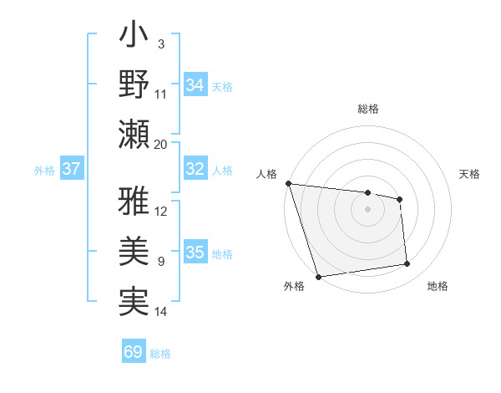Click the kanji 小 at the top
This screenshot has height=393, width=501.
[x=134, y=38]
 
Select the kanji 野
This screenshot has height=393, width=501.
[x=134, y=84]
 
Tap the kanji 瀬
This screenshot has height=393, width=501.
[x=134, y=135]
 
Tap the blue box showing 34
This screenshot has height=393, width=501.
[x=195, y=85]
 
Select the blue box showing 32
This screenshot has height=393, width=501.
[x=195, y=169]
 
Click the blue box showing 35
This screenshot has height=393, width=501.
[x=195, y=253]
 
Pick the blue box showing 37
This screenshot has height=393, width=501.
[x=72, y=169]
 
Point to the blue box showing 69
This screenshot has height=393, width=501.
[x=134, y=352]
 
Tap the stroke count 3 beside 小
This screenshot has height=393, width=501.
[x=160, y=43]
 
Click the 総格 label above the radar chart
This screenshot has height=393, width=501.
[x=367, y=109]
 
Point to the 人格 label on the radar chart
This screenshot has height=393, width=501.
[x=267, y=174]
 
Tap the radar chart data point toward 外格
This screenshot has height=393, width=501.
[x=318, y=276]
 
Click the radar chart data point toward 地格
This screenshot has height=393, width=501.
[x=407, y=264]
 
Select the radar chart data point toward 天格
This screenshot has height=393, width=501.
[x=400, y=199]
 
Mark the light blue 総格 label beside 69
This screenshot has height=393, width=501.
[x=160, y=354]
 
